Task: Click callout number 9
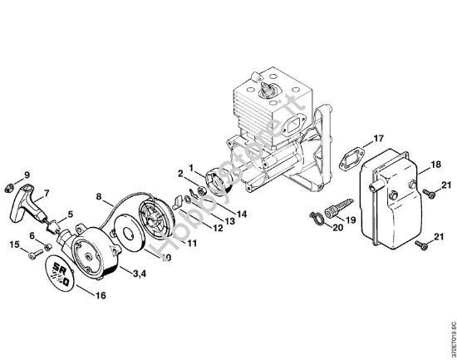point(27,174)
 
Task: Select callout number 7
point(46,193)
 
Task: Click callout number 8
point(99,197)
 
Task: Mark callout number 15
point(14,244)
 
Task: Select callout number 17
point(378,138)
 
